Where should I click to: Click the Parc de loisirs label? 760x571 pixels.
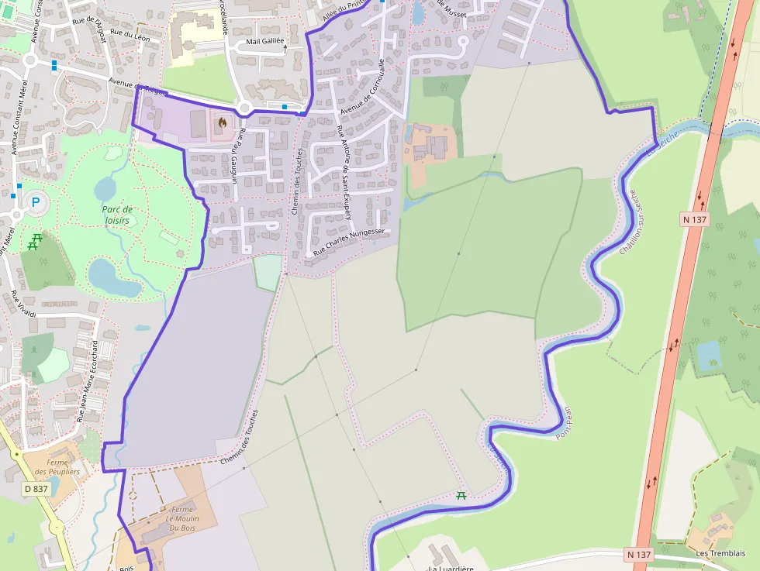[x=117, y=215]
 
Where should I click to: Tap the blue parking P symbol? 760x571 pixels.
[x=35, y=203]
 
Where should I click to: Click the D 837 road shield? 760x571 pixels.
[x=36, y=489]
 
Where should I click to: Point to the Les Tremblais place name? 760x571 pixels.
[x=720, y=553]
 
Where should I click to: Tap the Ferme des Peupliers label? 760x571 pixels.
[x=63, y=466]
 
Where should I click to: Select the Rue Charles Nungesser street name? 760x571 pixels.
[x=349, y=241]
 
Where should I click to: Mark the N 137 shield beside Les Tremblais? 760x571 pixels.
[x=640, y=555]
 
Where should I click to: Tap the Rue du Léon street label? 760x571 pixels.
[x=130, y=35]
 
